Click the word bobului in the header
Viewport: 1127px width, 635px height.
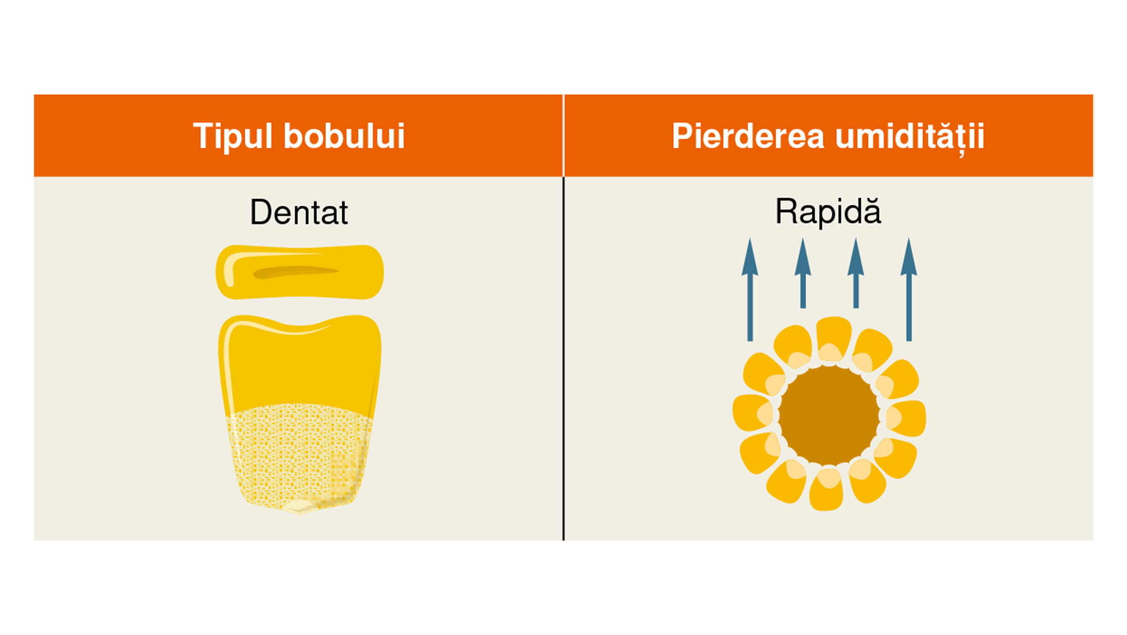pyautogui.click(x=344, y=135)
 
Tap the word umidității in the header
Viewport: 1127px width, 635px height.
pyautogui.click(x=910, y=138)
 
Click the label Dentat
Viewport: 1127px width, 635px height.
pyautogui.click(x=299, y=212)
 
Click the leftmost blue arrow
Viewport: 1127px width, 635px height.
pyautogui.click(x=750, y=290)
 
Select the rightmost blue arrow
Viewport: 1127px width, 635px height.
pyautogui.click(x=909, y=290)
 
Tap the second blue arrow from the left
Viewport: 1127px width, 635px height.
pyautogui.click(x=803, y=273)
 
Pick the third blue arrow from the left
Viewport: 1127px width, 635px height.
pyautogui.click(x=856, y=273)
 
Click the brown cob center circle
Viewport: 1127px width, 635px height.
pyautogui.click(x=829, y=415)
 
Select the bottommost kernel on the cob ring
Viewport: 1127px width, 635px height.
pyautogui.click(x=826, y=490)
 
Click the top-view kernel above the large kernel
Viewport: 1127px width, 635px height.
pyautogui.click(x=300, y=272)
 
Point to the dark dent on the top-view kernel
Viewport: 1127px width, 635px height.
pyautogui.click(x=295, y=272)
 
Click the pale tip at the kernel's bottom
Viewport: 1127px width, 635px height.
pyautogui.click(x=300, y=506)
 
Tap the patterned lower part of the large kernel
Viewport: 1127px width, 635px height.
pyautogui.click(x=299, y=456)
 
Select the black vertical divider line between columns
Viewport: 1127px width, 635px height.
pyautogui.click(x=563, y=359)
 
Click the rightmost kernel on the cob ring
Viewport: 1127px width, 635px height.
pyautogui.click(x=906, y=418)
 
